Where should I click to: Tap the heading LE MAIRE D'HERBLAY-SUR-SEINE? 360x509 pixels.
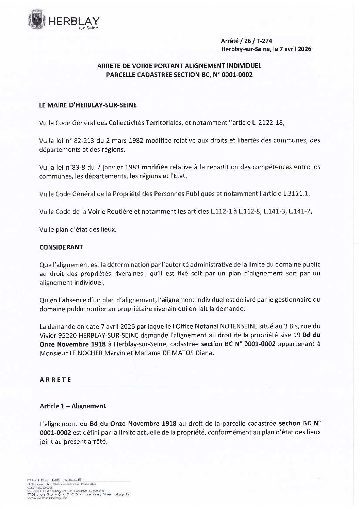(88, 105)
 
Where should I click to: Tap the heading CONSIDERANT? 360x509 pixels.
(61, 247)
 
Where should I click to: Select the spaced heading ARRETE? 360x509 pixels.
(55, 379)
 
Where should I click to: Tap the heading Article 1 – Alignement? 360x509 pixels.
(73, 406)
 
